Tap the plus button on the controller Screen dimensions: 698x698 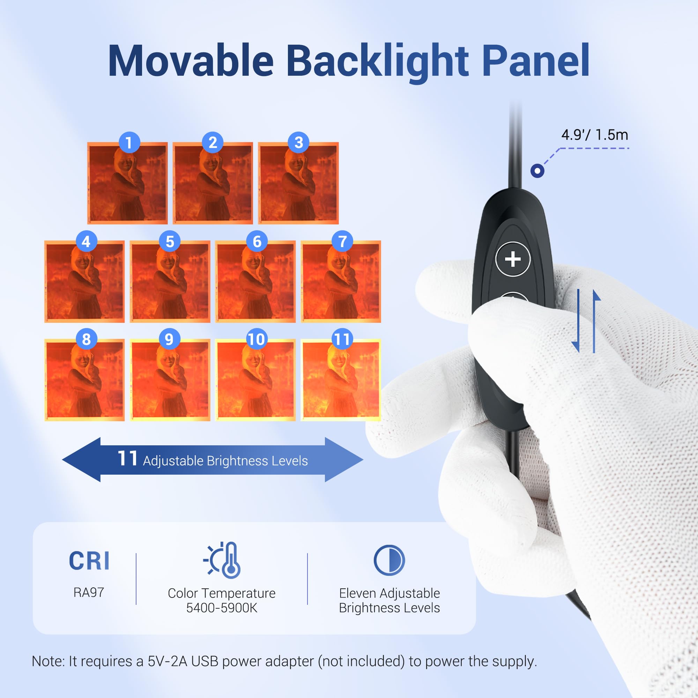coord(513,259)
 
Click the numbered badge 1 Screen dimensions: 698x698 coord(129,142)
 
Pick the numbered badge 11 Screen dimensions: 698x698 coord(342,339)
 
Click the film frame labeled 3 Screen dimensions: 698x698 coord(298,183)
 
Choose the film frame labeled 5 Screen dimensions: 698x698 coord(170,281)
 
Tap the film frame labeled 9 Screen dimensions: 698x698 coord(170,380)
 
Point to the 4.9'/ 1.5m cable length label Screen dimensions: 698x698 coord(595,135)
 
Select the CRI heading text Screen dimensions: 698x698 coord(89,560)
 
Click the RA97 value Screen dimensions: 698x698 coord(89,592)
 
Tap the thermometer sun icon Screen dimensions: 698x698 coord(222,560)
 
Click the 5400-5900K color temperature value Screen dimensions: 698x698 coord(222,608)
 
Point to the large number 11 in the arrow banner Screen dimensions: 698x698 coord(127,458)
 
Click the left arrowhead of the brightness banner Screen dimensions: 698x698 coord(81,460)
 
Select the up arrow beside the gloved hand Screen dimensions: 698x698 coord(595,321)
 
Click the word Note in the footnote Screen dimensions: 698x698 coord(47,661)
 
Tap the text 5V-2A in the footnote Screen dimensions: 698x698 coord(167,661)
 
